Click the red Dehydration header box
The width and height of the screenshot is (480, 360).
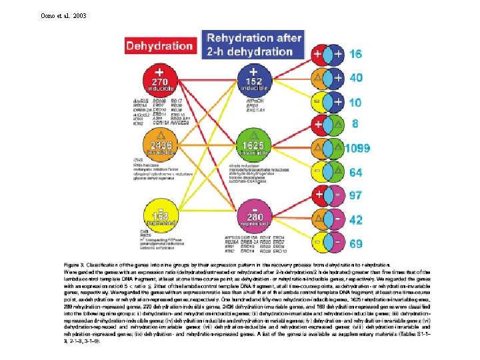159,46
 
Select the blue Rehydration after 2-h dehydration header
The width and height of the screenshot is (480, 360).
254,45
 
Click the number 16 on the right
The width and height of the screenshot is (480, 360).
356,54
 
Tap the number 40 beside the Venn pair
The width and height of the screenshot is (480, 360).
356,77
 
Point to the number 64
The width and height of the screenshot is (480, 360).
356,173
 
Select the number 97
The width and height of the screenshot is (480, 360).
356,195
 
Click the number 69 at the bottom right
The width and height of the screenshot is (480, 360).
356,243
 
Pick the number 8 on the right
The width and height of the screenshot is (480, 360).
354,124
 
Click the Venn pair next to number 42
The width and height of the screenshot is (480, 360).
329,219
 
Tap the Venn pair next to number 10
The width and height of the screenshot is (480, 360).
329,101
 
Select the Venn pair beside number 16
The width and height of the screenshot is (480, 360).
329,54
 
